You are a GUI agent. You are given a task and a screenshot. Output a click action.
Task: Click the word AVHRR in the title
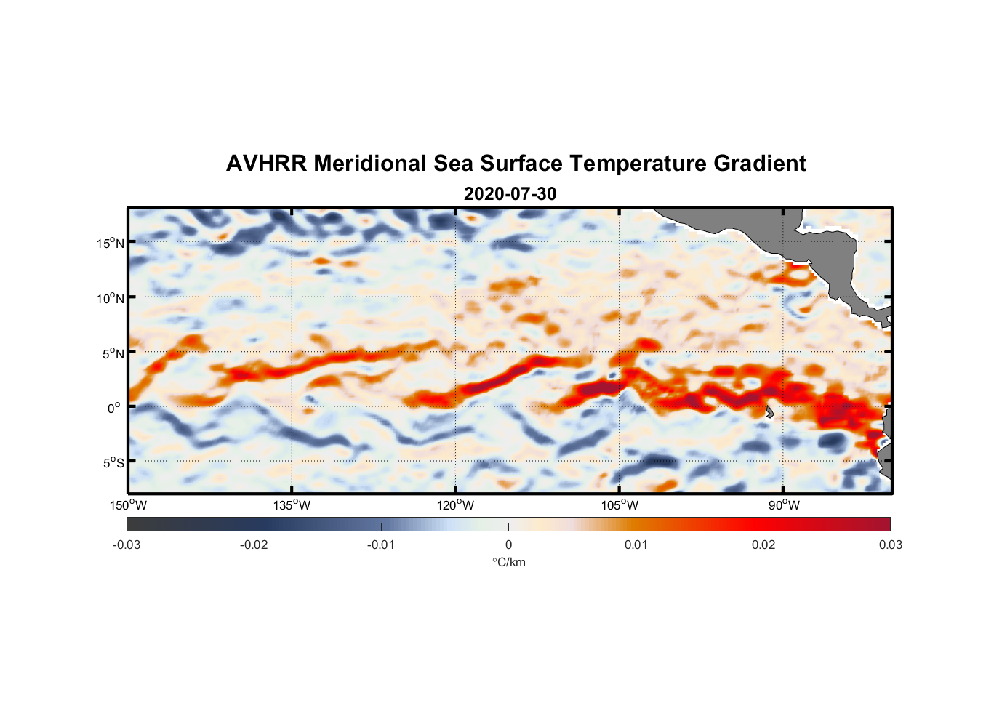(266, 164)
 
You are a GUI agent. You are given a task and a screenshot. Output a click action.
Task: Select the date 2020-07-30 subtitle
(510, 194)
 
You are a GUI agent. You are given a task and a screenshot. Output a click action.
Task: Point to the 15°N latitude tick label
(111, 243)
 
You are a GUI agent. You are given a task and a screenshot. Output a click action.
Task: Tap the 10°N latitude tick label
(111, 298)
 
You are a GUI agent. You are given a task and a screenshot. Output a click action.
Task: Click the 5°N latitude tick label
(113, 353)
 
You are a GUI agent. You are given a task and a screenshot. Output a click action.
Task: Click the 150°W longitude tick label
(128, 505)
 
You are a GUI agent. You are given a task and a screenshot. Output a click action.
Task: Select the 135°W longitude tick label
(292, 505)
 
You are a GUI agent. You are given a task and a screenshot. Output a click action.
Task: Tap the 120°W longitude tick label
(455, 505)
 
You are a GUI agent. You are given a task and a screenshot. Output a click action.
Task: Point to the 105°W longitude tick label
(620, 505)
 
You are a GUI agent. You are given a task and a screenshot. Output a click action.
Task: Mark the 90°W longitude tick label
(784, 505)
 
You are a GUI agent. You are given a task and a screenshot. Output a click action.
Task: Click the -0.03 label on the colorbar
(127, 545)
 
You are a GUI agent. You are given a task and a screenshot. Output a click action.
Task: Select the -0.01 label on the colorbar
(381, 545)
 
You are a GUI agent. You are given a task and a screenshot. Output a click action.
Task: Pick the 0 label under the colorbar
(508, 545)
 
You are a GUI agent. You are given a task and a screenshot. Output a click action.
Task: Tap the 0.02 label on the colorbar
(763, 545)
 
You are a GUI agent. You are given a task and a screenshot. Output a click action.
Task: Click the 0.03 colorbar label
(890, 545)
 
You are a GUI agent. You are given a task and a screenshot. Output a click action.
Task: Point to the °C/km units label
(508, 562)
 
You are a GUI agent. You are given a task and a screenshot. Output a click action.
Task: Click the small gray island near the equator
(769, 412)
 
